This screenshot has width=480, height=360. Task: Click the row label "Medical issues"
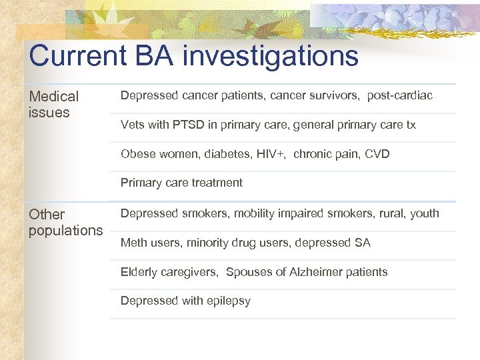[53, 105]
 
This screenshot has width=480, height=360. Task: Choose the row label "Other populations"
[65, 223]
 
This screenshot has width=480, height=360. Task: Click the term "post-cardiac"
[401, 96]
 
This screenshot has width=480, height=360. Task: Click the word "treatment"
[217, 183]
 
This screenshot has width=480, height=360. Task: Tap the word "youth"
[425, 213]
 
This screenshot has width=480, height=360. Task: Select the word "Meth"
[134, 243]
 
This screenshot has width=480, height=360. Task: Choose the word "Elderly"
[139, 272]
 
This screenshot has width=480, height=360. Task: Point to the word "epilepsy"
[228, 301]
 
